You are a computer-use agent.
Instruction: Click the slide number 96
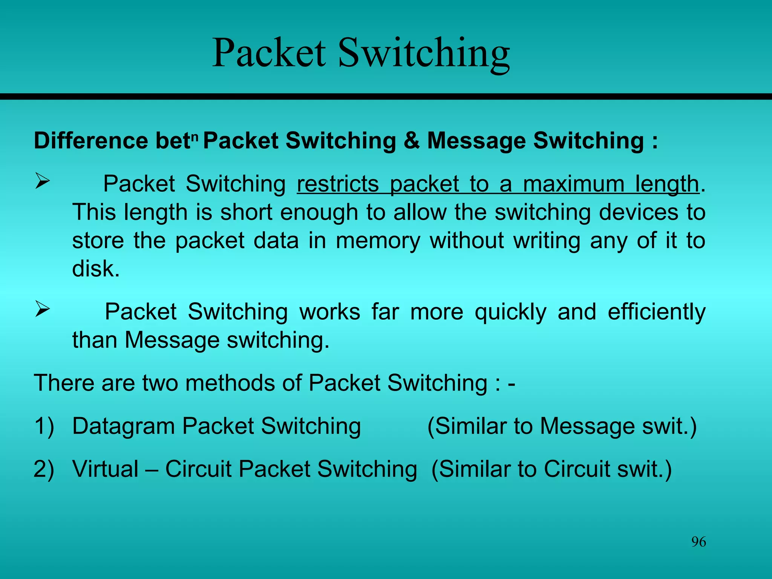pyautogui.click(x=698, y=542)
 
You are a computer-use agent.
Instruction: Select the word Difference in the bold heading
pyautogui.click(x=91, y=141)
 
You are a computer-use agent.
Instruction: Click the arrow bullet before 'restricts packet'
pyautogui.click(x=42, y=181)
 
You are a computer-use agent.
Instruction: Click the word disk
pyautogui.click(x=96, y=269)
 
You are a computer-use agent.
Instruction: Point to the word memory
pyautogui.click(x=378, y=241)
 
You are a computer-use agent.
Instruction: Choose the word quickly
pyautogui.click(x=510, y=312)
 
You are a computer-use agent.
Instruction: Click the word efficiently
pyautogui.click(x=656, y=312)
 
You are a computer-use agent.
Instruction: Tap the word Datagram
pyautogui.click(x=123, y=427)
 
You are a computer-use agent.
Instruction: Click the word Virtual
pyautogui.click(x=106, y=469)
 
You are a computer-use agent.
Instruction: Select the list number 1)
pyautogui.click(x=44, y=427)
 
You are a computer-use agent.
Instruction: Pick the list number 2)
pyautogui.click(x=44, y=469)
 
